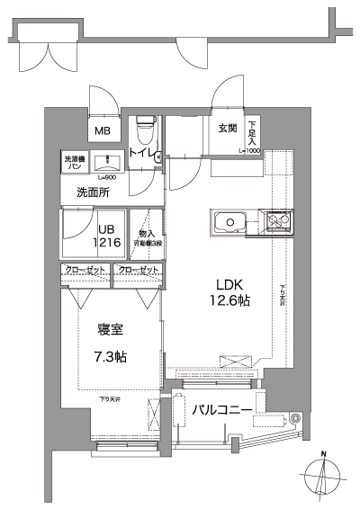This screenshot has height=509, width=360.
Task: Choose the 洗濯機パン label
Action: (x=75, y=163)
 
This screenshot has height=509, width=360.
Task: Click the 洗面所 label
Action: (x=93, y=192)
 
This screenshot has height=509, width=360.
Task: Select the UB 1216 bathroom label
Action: (x=109, y=236)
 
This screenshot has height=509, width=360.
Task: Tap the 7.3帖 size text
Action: (x=111, y=356)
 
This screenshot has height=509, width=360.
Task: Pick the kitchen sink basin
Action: (x=229, y=222)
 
